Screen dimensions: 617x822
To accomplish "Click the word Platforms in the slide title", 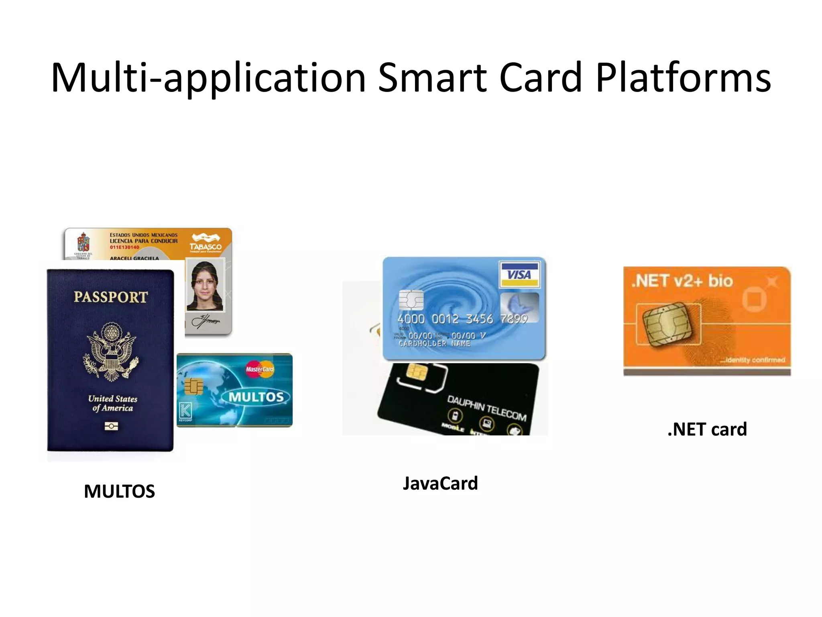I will click(x=683, y=78).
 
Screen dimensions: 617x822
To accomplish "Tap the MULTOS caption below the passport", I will click(x=119, y=491).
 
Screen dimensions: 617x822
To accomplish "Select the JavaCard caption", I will click(x=440, y=483).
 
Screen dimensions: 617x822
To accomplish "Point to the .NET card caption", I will click(x=707, y=429).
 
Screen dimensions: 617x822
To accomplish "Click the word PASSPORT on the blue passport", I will click(x=111, y=297).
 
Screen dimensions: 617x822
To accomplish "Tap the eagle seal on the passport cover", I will click(x=111, y=352).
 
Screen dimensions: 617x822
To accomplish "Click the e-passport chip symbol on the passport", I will click(x=111, y=426).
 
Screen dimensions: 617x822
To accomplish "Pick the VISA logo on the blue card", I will click(x=519, y=274).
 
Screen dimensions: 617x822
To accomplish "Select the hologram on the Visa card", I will click(x=519, y=307).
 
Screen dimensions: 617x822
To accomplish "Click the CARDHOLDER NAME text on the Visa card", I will click(x=434, y=344).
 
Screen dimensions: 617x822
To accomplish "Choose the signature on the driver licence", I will click(x=205, y=321).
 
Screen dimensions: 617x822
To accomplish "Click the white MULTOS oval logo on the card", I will click(x=256, y=397).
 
